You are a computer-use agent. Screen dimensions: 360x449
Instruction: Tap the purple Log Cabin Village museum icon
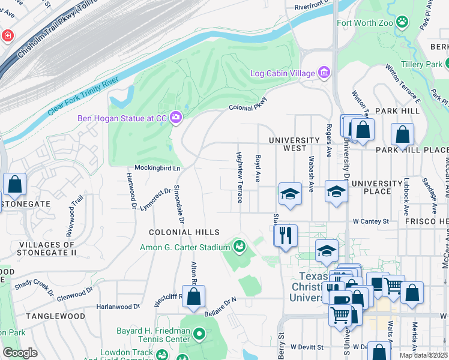324,73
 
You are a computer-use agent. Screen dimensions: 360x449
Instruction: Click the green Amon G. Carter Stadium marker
239,247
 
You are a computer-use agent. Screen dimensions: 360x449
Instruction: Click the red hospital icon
7,36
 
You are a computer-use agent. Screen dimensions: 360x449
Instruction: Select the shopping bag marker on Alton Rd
193,296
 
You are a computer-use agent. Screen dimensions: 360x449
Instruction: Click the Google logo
20,353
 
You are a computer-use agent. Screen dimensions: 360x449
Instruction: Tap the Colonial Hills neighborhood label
185,232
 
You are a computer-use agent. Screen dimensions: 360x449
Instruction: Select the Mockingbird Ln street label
157,168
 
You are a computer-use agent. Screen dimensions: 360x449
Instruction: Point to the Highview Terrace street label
239,177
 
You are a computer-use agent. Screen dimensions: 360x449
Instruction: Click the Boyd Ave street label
258,169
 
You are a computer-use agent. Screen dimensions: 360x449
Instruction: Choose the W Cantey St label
370,221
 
